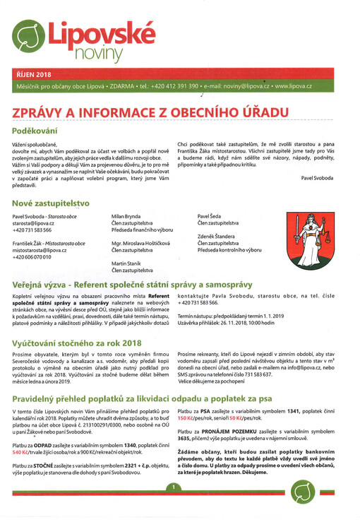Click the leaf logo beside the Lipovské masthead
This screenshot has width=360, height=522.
coord(28,33)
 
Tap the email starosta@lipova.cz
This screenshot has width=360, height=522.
coord(38,223)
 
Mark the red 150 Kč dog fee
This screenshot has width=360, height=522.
coord(189,418)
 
